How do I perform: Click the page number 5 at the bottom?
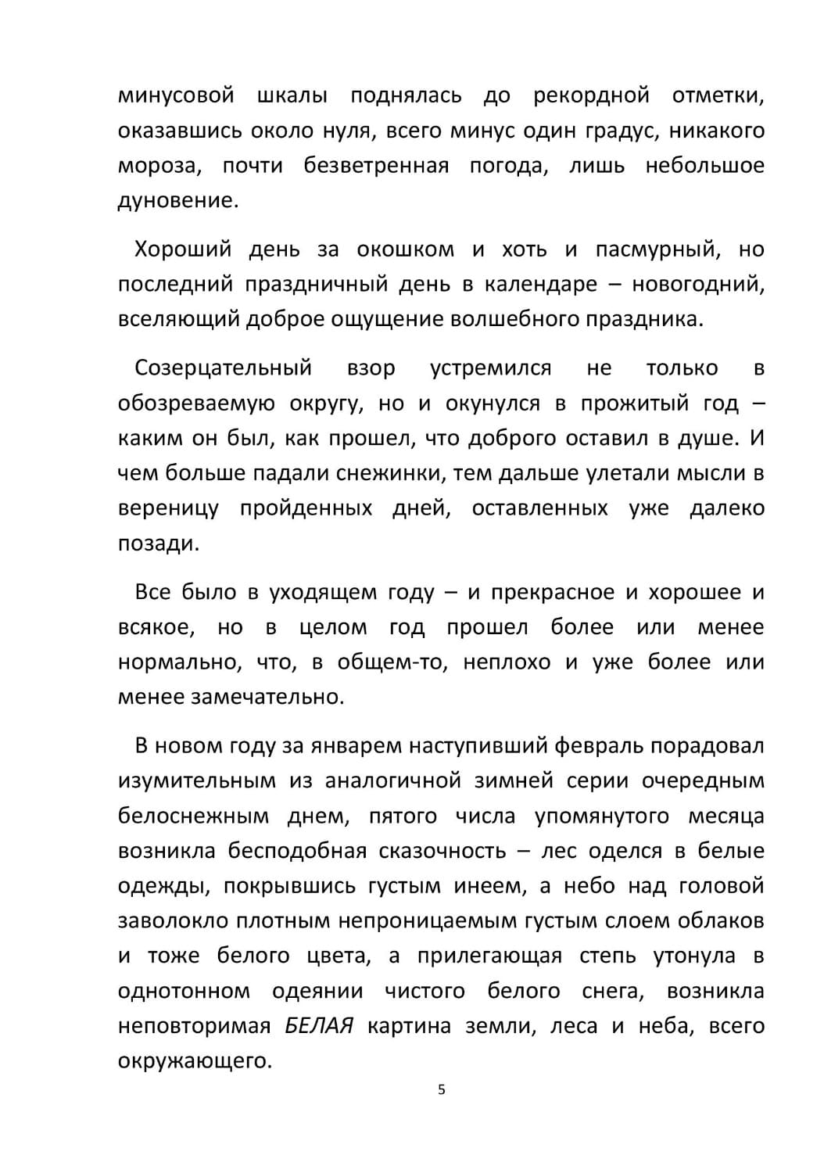[x=442, y=1089]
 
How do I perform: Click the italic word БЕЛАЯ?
[x=319, y=1026]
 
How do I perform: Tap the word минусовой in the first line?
[x=176, y=95]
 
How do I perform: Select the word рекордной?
[x=591, y=95]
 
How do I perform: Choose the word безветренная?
[x=376, y=166]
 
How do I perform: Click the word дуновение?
[x=176, y=201]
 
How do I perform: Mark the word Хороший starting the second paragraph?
[x=183, y=249]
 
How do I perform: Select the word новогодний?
[x=696, y=285]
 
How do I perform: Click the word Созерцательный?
[x=223, y=368]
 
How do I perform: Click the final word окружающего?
[x=193, y=1061]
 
